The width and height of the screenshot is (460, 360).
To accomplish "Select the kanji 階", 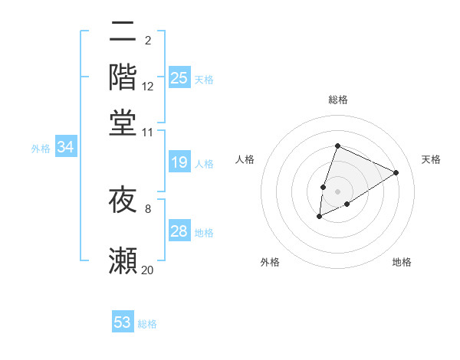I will click(x=123, y=77).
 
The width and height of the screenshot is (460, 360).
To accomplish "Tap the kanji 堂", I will click(x=123, y=123).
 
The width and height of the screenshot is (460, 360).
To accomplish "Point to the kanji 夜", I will click(x=123, y=201).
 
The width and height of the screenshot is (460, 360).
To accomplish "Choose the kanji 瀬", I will click(x=123, y=261).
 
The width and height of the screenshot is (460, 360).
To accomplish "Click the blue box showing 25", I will click(x=179, y=78).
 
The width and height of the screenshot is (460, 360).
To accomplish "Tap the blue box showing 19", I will click(x=179, y=162).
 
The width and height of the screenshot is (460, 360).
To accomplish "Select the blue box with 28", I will click(x=179, y=231).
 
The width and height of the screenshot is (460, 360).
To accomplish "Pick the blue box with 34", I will click(x=65, y=148).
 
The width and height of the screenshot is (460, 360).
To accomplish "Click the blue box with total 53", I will click(x=123, y=322).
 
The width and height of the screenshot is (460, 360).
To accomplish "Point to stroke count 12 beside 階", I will click(x=148, y=87).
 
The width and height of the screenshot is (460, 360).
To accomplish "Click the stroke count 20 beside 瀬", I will click(x=148, y=270).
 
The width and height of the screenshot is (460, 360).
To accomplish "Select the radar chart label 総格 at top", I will click(x=337, y=100).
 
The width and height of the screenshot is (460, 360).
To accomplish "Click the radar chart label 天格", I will click(x=431, y=159).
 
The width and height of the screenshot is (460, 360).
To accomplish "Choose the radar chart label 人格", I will click(x=245, y=159).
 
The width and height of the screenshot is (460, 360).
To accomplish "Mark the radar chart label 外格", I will click(x=270, y=262).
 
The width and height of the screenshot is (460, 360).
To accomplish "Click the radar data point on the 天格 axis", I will click(x=396, y=172).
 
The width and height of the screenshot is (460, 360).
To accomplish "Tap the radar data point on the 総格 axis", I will click(x=337, y=146).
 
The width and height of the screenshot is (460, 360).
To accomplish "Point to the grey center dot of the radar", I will click(x=337, y=191).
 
